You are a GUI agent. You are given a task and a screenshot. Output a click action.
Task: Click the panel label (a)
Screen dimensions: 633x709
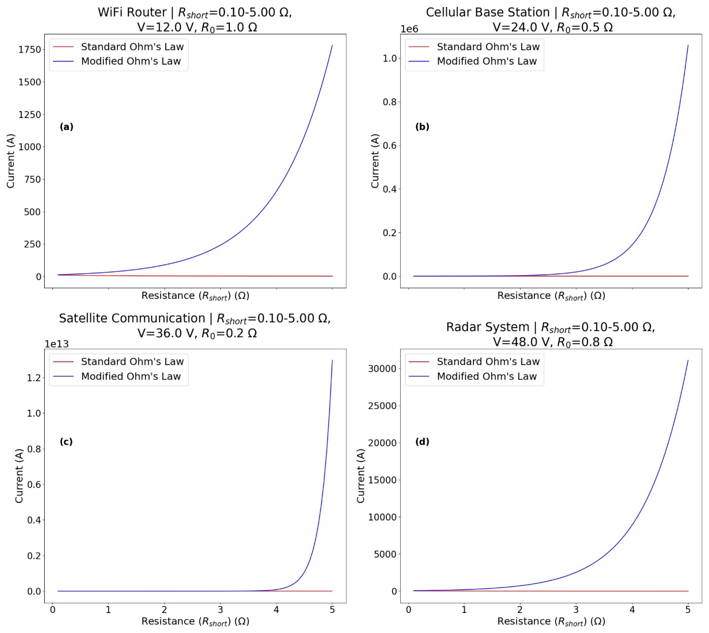tap(66, 127)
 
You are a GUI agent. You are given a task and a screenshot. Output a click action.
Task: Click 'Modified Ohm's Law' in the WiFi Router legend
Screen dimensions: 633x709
tap(131, 61)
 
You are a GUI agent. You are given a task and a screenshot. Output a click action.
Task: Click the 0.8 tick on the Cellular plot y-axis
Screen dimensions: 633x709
tap(390, 102)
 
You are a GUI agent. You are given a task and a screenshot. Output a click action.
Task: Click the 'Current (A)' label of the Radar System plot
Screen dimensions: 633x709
tap(361, 476)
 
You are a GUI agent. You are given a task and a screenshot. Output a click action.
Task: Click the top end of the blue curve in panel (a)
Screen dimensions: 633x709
tap(332, 46)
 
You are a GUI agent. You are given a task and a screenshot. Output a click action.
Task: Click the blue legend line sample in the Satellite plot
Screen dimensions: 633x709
tap(63, 376)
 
